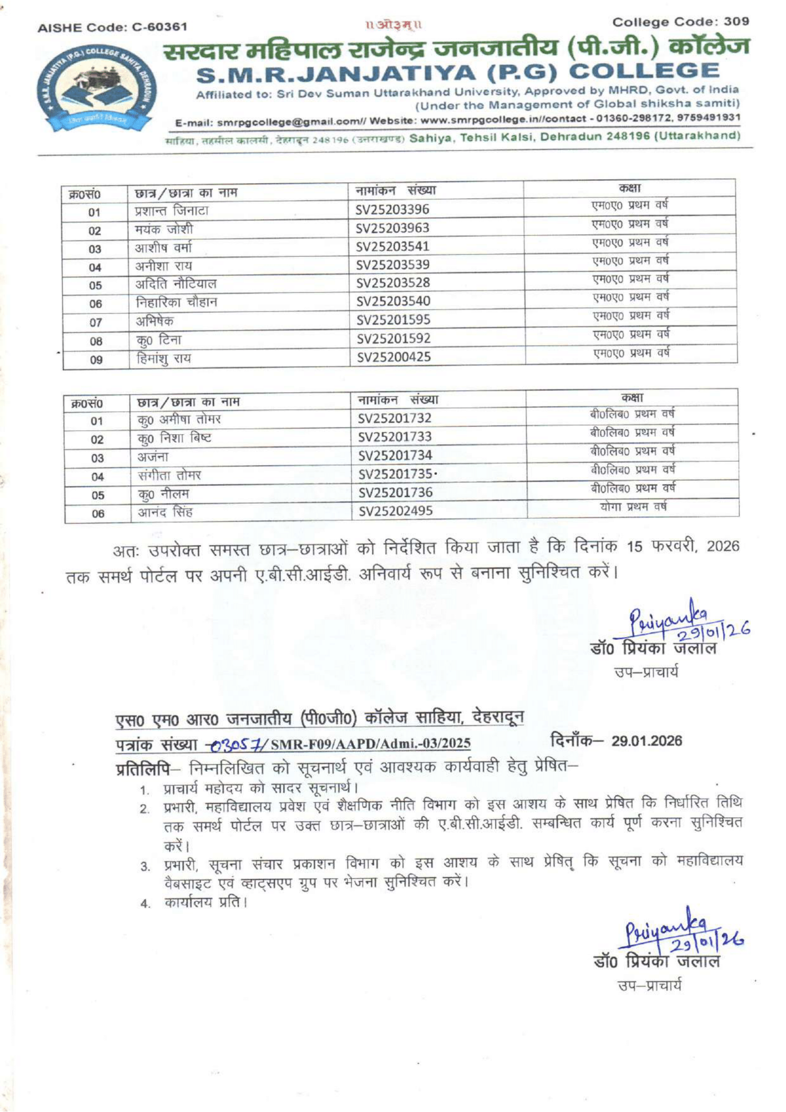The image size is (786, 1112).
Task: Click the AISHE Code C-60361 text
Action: [x=112, y=27]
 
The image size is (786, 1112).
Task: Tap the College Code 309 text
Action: [x=680, y=22]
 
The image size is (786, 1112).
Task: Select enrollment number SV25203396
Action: [x=392, y=210]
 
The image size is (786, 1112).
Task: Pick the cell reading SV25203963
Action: [x=392, y=228]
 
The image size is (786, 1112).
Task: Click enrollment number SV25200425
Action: [x=394, y=357]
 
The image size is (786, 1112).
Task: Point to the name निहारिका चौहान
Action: [x=176, y=303]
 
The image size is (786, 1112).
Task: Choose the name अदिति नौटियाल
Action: [x=175, y=284]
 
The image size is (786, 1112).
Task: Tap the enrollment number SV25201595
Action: [x=393, y=319]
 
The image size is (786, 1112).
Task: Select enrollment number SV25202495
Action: [x=395, y=511]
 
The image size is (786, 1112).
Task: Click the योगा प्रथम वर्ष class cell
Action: [x=633, y=507]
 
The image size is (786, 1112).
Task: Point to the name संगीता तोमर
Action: [x=169, y=475]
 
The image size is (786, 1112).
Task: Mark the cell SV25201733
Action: [x=395, y=437]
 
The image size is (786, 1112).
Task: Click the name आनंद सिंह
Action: [x=165, y=512]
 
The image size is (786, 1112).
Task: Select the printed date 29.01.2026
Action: [x=646, y=741]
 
